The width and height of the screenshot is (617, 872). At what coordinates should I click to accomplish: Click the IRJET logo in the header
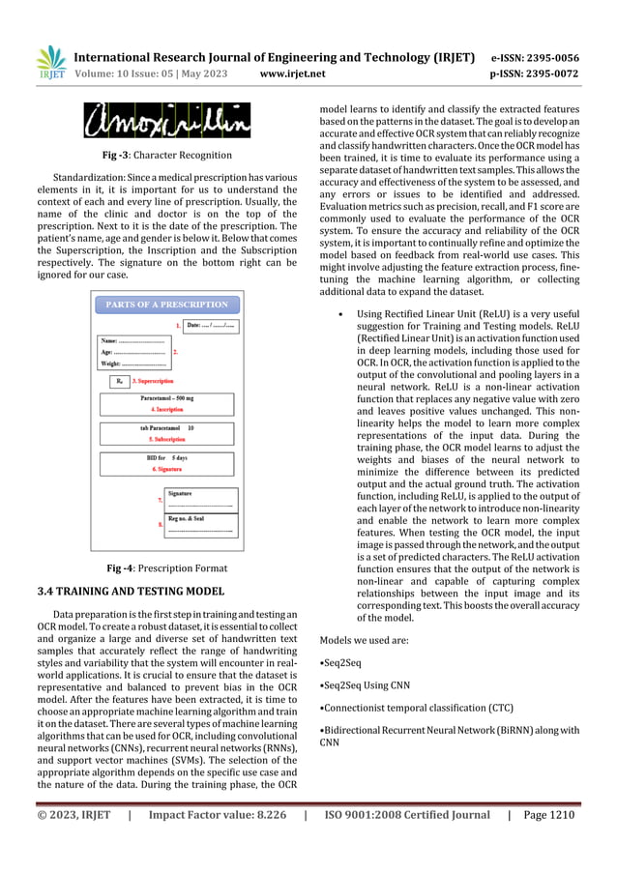(49, 62)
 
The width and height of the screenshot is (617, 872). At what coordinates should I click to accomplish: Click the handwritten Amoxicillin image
(165, 121)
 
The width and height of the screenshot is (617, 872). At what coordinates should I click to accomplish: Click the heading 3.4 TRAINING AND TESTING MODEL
(131, 590)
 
